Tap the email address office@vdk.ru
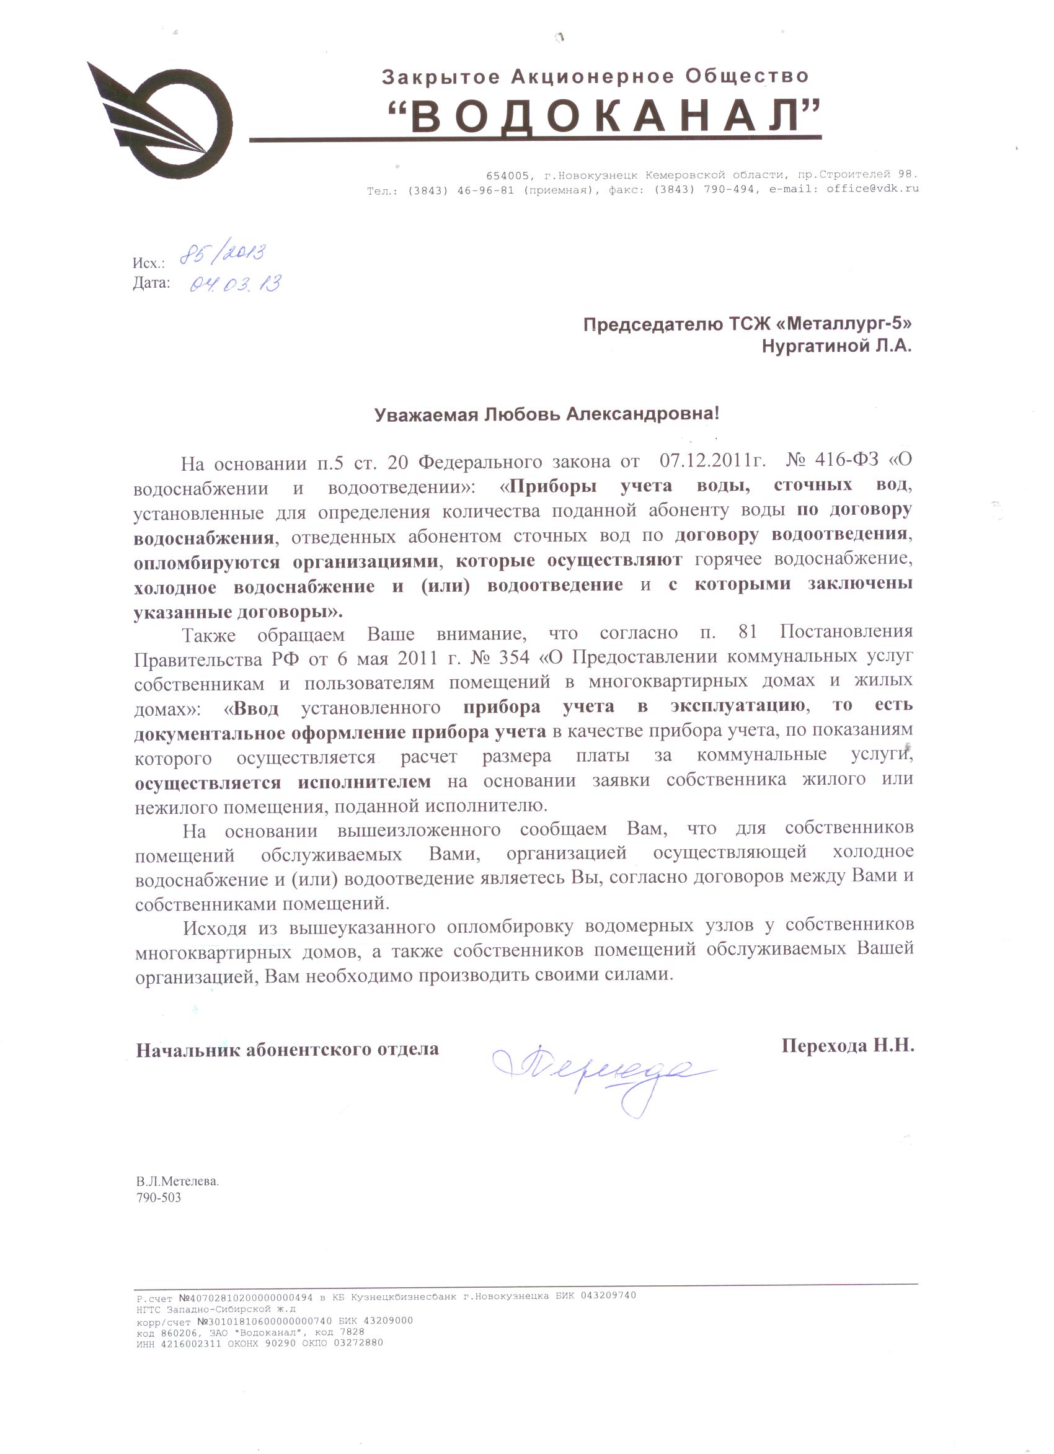click(872, 189)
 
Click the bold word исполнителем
click(364, 782)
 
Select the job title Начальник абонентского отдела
click(287, 1049)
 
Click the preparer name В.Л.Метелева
click(177, 1181)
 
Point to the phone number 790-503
click(158, 1198)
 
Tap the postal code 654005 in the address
click(507, 175)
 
